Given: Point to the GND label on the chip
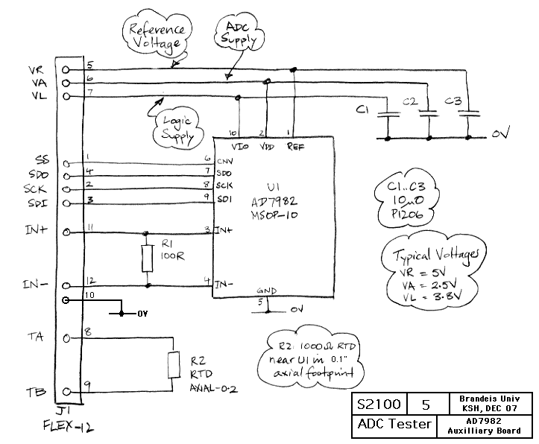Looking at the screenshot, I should [265, 291].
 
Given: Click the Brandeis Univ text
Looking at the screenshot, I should [490, 399].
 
